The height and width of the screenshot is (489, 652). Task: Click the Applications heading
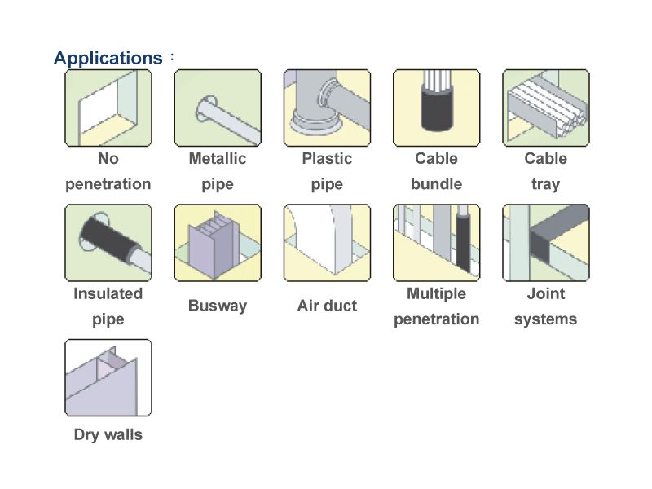(x=108, y=58)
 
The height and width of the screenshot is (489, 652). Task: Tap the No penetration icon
(x=108, y=108)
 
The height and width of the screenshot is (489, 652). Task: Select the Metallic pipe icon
(x=218, y=108)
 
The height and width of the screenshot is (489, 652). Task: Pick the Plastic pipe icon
(x=327, y=108)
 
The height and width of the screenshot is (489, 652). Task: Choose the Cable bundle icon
(x=436, y=108)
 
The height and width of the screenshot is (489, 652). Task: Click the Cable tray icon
(x=545, y=108)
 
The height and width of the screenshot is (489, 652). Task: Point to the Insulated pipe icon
(x=108, y=242)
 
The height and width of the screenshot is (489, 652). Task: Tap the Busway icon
(x=218, y=242)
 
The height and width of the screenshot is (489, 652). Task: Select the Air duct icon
(x=327, y=242)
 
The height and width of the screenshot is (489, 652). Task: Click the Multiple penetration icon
(x=436, y=242)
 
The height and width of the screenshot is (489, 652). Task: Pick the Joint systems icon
(x=545, y=242)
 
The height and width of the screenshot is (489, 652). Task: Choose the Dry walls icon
(x=108, y=377)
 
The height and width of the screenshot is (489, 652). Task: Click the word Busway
(x=218, y=306)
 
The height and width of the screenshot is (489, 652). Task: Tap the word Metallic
(x=218, y=158)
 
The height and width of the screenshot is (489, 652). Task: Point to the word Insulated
(x=108, y=293)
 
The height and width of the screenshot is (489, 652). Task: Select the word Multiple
(x=436, y=293)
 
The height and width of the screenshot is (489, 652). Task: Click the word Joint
(x=545, y=293)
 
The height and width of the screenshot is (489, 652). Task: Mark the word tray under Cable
(x=545, y=184)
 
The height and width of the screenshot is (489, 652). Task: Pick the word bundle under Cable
(x=436, y=184)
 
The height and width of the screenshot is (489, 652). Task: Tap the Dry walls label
(x=108, y=434)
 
